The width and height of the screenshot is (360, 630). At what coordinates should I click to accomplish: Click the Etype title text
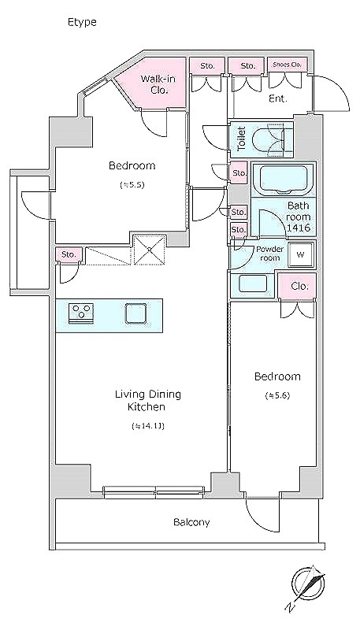click(x=82, y=22)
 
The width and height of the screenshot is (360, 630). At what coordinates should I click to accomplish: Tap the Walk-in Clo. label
click(x=158, y=84)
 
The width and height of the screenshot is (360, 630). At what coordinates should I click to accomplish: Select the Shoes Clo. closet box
click(x=287, y=65)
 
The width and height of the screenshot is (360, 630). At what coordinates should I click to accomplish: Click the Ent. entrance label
click(x=278, y=98)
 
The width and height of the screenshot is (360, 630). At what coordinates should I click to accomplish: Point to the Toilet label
click(x=241, y=139)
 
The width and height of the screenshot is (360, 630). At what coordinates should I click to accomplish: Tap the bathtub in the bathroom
click(x=284, y=179)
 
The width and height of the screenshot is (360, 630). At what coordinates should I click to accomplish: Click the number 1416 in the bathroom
click(x=298, y=228)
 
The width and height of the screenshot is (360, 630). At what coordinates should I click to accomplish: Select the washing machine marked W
click(x=300, y=254)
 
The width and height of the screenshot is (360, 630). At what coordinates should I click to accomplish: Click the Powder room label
click(x=269, y=254)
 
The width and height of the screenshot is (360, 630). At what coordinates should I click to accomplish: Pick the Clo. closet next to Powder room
click(x=297, y=286)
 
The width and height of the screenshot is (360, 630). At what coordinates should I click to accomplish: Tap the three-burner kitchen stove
click(x=82, y=313)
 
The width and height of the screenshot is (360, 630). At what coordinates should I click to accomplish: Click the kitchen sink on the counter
click(x=135, y=313)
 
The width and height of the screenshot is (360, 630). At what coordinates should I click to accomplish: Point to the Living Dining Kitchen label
click(x=147, y=400)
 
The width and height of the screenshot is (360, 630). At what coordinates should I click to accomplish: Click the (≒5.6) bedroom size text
click(x=277, y=395)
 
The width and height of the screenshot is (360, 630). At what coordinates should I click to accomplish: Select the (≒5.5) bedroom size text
click(x=132, y=185)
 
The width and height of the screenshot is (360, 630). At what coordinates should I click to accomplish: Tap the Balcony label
click(x=191, y=522)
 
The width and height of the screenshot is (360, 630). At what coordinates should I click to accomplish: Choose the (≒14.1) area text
click(x=147, y=426)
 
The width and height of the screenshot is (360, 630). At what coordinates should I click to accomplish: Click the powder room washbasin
click(x=253, y=283)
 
